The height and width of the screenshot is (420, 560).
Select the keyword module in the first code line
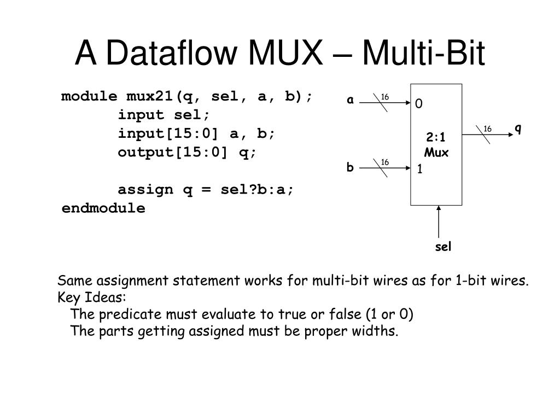click(89, 97)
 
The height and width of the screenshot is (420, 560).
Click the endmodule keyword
click(103, 208)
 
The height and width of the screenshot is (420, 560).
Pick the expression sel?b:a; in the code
click(256, 190)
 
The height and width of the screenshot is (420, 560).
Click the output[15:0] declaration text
click(172, 153)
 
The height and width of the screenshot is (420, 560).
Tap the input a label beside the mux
click(350, 100)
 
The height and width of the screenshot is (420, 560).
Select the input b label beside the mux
click(350, 167)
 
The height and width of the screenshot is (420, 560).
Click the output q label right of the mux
click(517, 129)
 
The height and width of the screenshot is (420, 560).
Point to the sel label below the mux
click(443, 247)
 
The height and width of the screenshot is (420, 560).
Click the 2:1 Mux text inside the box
click(436, 145)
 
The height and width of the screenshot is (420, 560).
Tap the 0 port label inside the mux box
click(419, 104)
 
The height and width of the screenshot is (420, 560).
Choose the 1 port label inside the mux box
click(419, 170)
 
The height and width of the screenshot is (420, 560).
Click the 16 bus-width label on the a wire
click(385, 97)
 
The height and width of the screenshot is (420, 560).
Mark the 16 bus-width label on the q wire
click(488, 129)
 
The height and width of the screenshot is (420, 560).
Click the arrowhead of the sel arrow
click(439, 208)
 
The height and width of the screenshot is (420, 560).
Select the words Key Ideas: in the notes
click(92, 298)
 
